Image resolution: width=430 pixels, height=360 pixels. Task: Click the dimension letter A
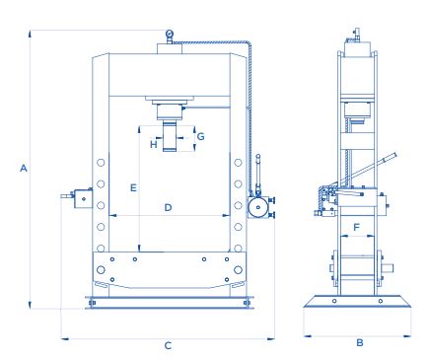point(24,168)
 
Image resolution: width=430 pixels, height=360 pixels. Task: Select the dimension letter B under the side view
point(360,343)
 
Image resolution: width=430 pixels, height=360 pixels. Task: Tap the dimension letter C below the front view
point(168,346)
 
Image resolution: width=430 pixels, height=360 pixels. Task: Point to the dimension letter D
point(168,208)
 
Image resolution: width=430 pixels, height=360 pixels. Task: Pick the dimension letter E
point(133,188)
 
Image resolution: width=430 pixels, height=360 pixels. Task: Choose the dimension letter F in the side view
point(357,227)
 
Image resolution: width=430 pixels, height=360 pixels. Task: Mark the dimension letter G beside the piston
point(200,136)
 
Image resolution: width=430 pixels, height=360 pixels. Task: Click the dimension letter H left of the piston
point(154,144)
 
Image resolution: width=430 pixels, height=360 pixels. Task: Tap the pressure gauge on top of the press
point(170,34)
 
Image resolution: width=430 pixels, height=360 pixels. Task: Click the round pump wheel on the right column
point(258,207)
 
